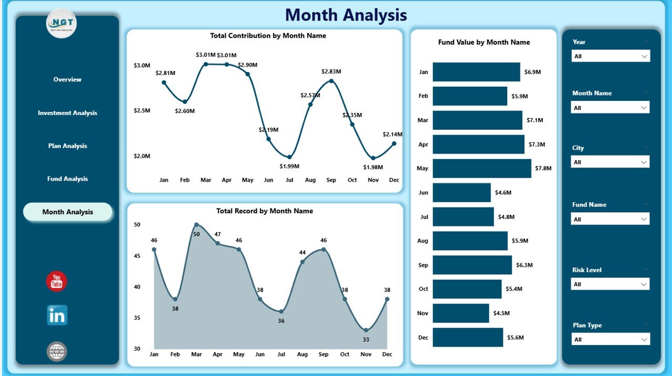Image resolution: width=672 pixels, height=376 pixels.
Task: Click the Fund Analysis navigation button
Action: click(67, 179)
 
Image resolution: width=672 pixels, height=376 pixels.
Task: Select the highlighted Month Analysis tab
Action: click(68, 212)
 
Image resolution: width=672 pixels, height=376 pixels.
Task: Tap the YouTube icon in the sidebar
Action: click(57, 281)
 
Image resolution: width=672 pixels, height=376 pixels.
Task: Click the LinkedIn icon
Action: click(57, 316)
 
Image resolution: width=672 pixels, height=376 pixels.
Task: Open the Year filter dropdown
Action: click(611, 56)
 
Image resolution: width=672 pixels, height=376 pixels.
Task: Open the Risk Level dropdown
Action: click(610, 285)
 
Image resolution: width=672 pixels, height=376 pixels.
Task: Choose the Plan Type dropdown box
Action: click(611, 340)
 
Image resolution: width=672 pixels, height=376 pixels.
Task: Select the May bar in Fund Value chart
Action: click(481, 169)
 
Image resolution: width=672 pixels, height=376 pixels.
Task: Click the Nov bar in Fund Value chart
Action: click(460, 314)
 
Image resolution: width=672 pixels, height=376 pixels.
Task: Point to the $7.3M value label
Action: click(537, 144)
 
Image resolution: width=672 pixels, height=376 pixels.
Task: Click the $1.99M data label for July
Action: click(289, 166)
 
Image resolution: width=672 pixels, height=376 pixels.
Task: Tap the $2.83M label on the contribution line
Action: click(331, 71)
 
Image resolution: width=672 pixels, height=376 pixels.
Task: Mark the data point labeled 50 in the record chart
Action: click(196, 225)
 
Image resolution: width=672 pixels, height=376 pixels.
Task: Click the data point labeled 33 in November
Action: click(366, 330)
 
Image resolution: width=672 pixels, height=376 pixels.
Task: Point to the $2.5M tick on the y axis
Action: click(142, 111)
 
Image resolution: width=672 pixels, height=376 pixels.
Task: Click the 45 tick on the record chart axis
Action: click(137, 256)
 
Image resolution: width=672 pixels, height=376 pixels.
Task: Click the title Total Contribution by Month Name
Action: click(268, 36)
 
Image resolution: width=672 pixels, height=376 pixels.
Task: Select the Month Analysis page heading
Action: click(346, 15)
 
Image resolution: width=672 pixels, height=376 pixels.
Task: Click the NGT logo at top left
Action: click(61, 24)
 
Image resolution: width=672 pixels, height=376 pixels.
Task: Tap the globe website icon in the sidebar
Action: click(57, 351)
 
